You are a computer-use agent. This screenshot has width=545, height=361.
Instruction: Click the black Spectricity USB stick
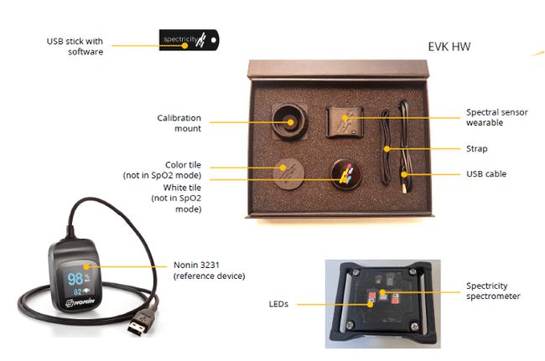click(189, 39)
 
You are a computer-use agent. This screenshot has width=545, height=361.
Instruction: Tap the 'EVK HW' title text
click(449, 46)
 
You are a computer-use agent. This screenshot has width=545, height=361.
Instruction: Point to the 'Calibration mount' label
click(179, 123)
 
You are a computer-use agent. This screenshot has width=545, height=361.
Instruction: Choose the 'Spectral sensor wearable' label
click(496, 117)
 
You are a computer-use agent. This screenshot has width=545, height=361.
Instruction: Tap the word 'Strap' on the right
click(476, 149)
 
